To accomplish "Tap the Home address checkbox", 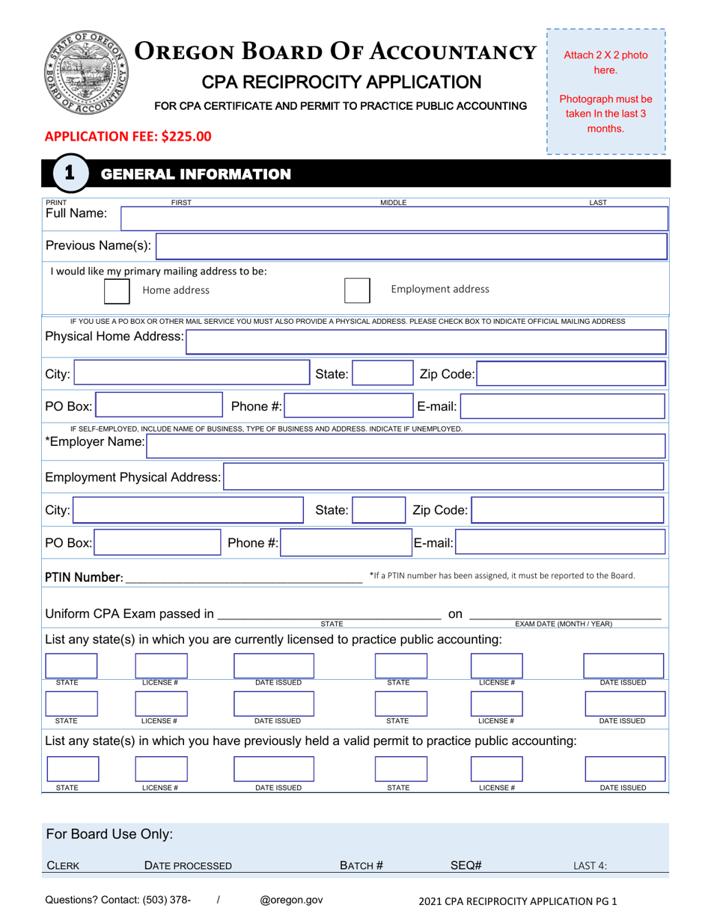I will coord(117,291).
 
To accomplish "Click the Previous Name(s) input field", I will coord(410,245).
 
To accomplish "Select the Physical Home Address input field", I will coord(426,342).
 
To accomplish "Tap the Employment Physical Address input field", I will coord(443,476).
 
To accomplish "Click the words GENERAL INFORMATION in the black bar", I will coord(195,174).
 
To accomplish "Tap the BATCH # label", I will coord(361,865).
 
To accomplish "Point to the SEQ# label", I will coord(465,865).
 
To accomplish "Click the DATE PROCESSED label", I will coord(188,865).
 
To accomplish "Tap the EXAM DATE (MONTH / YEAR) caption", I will coord(563,624).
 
